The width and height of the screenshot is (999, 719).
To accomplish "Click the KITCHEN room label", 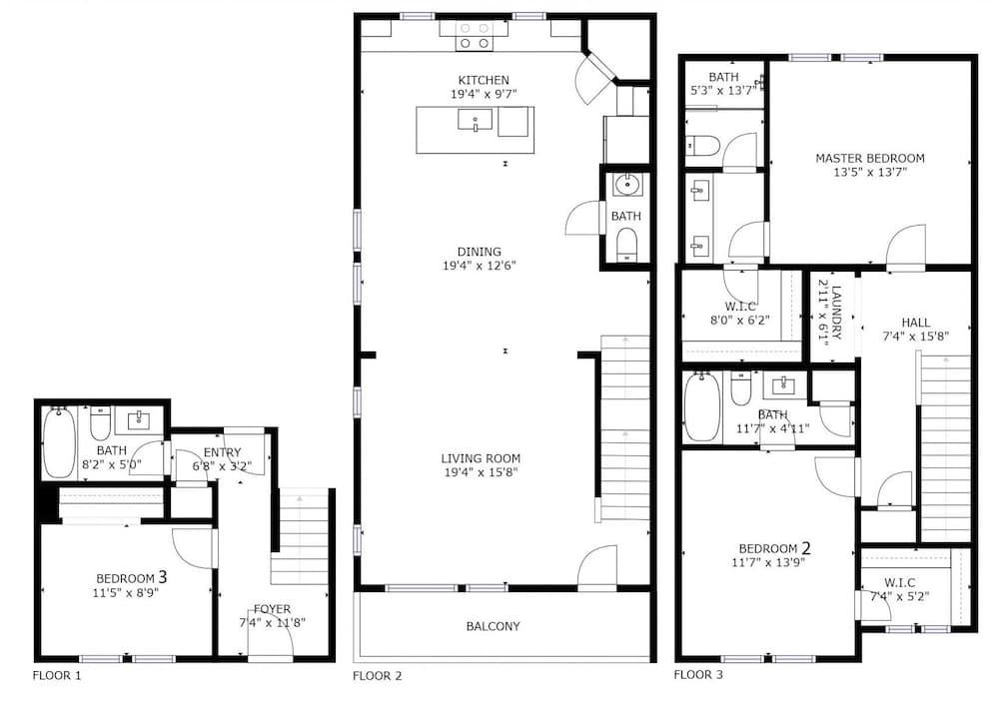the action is click(x=484, y=80).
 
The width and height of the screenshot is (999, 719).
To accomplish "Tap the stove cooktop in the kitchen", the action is click(x=475, y=36).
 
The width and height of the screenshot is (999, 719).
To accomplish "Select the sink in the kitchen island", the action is click(x=475, y=120).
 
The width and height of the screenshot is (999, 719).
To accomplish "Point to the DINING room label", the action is click(x=480, y=252).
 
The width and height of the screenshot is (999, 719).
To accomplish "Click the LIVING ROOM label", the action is click(x=481, y=458).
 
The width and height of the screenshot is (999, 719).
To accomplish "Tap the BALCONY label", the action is click(x=494, y=627).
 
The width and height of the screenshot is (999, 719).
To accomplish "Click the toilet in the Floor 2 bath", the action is click(x=627, y=245).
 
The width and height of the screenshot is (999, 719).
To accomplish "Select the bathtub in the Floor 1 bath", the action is click(x=59, y=442).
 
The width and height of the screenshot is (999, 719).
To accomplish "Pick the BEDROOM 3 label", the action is click(x=131, y=577).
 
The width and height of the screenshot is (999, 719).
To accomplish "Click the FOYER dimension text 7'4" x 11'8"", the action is click(x=272, y=623).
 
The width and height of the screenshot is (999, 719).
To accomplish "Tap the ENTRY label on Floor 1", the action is click(x=223, y=452).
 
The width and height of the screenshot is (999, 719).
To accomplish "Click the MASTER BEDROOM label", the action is click(x=870, y=158).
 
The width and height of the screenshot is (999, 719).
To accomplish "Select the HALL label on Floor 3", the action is click(x=915, y=323).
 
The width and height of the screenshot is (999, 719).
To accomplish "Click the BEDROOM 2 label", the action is click(x=775, y=548).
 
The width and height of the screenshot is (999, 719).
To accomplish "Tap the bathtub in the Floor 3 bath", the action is click(x=702, y=407).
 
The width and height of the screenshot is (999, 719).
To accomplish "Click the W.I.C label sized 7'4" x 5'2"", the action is click(x=900, y=583).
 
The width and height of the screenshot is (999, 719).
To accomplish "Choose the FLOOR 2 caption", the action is click(x=378, y=676).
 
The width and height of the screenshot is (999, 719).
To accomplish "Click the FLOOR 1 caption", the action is click(x=57, y=676).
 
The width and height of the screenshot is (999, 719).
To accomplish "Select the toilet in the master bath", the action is click(x=702, y=146).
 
